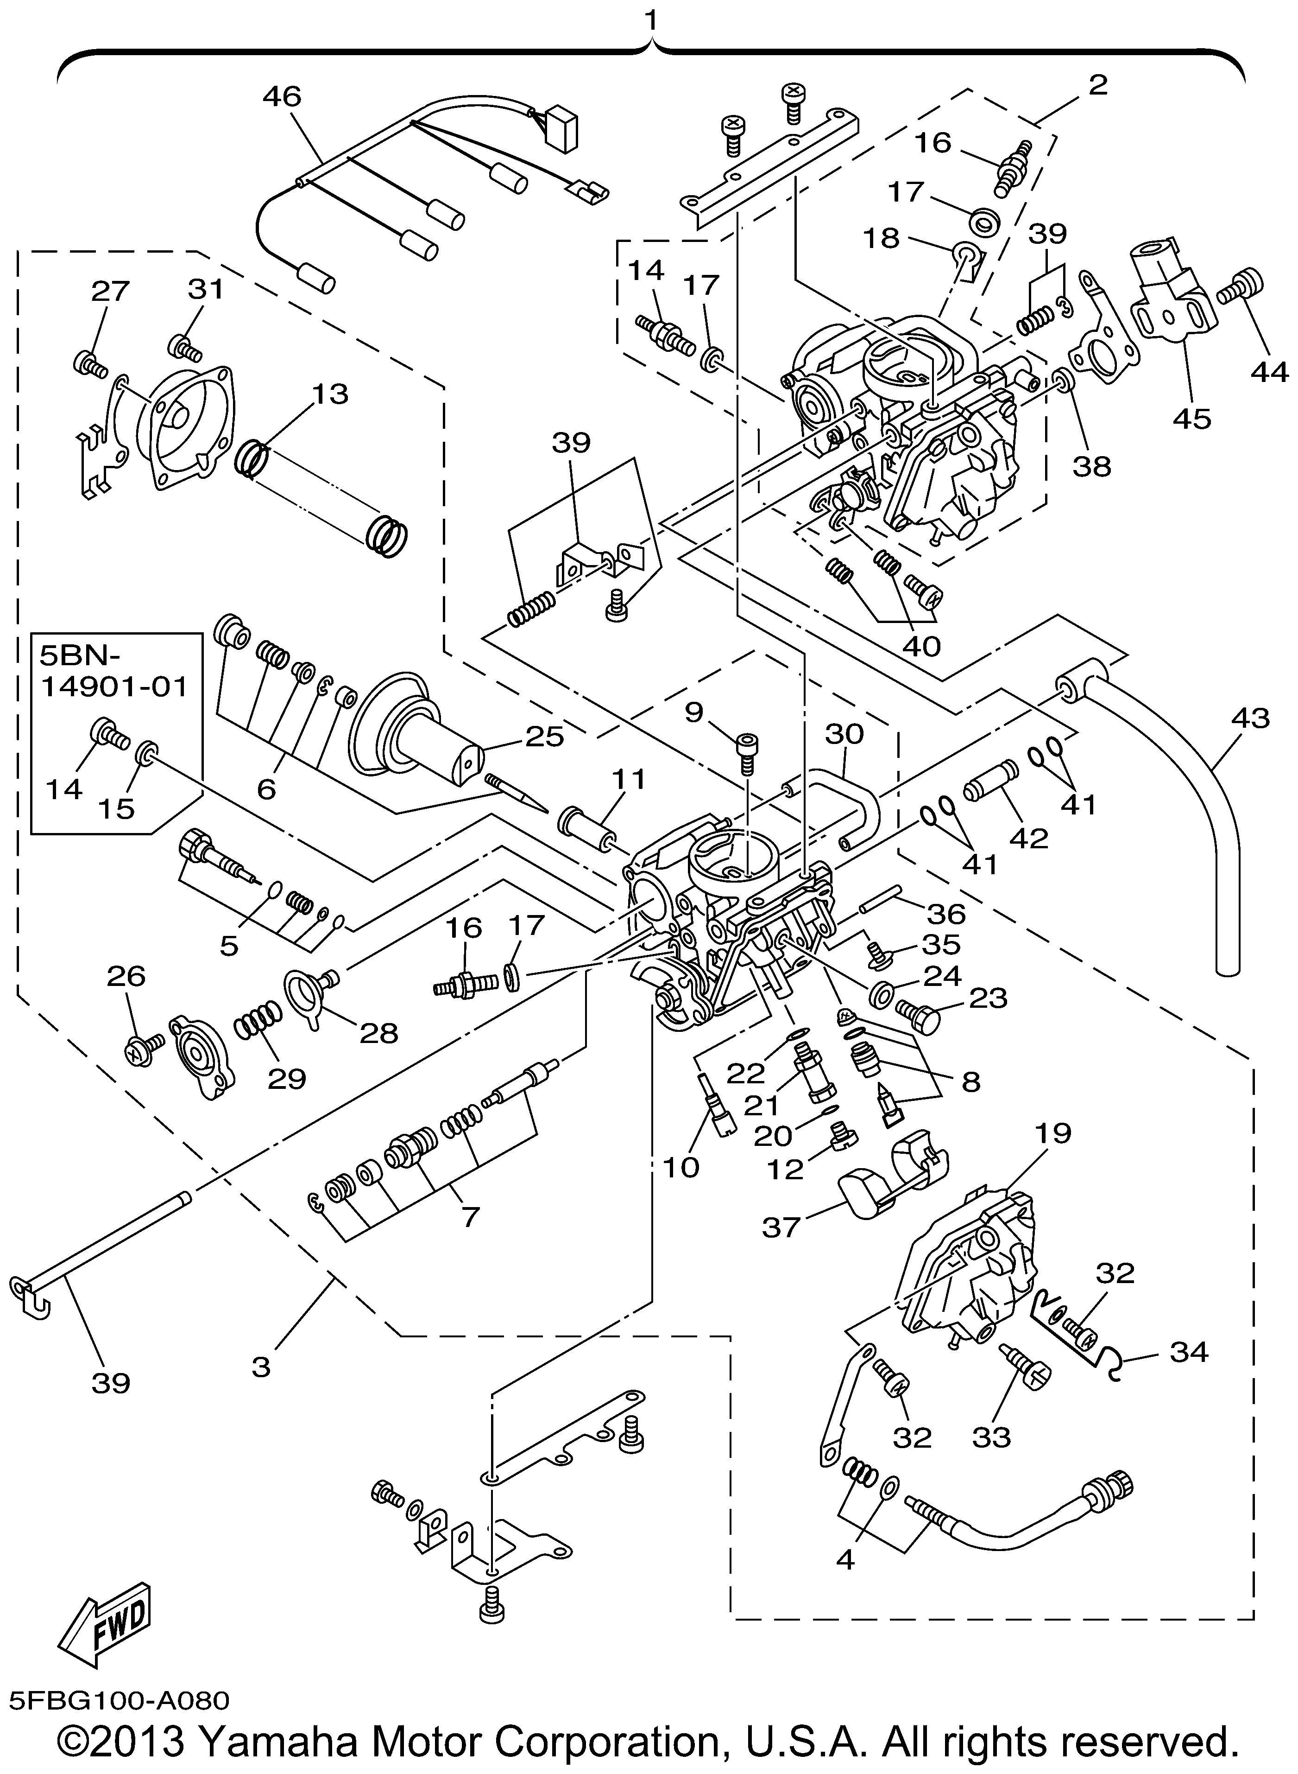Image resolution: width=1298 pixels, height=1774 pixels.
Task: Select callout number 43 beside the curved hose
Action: (x=1251, y=719)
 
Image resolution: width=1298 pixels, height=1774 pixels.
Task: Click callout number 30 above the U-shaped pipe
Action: (x=844, y=734)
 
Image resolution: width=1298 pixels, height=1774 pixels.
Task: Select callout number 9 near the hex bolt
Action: (x=693, y=713)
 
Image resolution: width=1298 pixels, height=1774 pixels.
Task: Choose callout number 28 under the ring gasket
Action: (x=379, y=1032)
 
